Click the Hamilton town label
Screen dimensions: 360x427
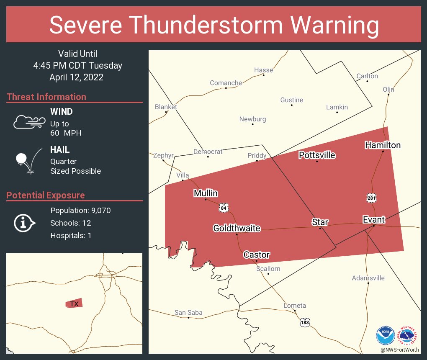coord(383,145)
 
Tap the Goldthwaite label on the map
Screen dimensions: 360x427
coord(237,228)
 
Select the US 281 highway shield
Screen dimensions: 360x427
coord(371,198)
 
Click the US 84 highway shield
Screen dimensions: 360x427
coord(224,207)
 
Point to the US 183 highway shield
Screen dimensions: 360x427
coord(305,322)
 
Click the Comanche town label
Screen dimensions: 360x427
coord(226,83)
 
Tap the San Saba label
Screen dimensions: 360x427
coord(188,312)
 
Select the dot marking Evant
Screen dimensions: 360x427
coord(374,225)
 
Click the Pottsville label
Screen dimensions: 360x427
coord(317,155)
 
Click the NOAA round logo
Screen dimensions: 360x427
coord(385,336)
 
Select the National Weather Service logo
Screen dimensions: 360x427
coord(409,336)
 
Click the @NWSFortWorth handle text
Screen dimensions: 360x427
coord(400,350)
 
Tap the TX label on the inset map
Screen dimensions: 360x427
coord(74,304)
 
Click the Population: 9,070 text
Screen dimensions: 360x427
coord(80,211)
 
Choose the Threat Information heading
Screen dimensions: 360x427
coord(46,97)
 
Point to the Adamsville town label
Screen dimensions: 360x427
coord(368,278)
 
